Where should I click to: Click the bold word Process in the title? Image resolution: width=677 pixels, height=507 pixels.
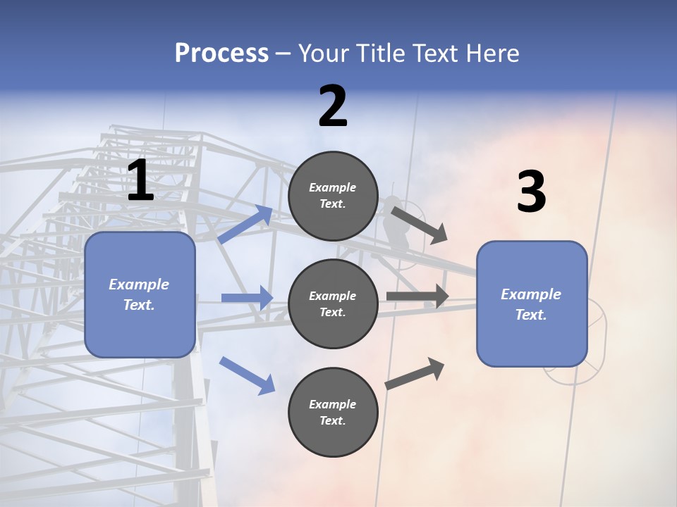click(221, 54)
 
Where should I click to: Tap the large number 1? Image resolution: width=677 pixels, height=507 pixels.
click(140, 181)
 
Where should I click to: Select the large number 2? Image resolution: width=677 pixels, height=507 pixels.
click(333, 106)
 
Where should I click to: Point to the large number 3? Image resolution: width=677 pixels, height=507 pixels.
click(531, 192)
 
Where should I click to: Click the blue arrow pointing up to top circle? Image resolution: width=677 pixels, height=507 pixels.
click(245, 225)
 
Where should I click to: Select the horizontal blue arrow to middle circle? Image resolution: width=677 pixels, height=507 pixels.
click(247, 298)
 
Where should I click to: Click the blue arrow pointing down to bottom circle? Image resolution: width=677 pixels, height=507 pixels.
click(247, 375)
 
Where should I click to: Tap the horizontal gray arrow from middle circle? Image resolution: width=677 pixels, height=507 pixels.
click(417, 296)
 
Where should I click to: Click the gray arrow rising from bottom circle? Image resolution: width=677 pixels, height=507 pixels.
click(415, 374)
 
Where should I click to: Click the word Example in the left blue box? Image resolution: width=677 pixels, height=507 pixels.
click(139, 284)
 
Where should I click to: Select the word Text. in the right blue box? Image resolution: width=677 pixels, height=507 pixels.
click(531, 315)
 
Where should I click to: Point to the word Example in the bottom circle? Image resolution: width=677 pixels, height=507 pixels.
click(333, 404)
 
